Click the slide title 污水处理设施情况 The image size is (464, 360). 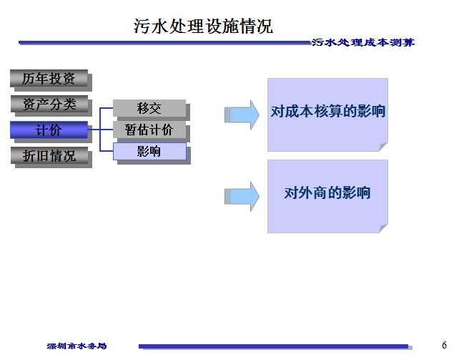pos(204,26)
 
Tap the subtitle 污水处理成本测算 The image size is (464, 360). pos(362,43)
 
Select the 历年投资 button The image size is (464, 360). pos(49,78)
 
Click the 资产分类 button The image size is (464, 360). pos(49,104)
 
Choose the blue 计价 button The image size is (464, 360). pos(49,130)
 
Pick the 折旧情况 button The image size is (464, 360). pos(49,155)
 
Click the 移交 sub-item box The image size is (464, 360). pos(149,108)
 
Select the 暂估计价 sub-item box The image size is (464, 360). pos(149,130)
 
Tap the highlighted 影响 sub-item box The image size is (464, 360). pos(149,152)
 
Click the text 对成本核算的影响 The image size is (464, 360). pos(328,112)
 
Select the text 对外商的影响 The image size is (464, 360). pos(328,193)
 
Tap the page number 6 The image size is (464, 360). pos(444,345)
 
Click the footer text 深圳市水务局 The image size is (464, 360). pos(76,346)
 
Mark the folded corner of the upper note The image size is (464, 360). pos(382,147)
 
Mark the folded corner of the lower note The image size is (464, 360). pos(382,228)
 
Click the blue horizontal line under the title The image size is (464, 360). pos(164,43)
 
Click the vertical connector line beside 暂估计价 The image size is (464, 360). pos(100,130)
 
